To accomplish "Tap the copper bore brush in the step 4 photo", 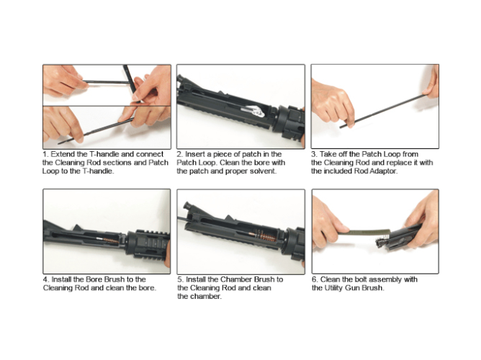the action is tap(111, 240).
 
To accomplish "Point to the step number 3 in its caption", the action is tap(314, 154).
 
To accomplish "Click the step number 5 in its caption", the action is tap(180, 279).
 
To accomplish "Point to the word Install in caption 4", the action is tap(62, 279).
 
